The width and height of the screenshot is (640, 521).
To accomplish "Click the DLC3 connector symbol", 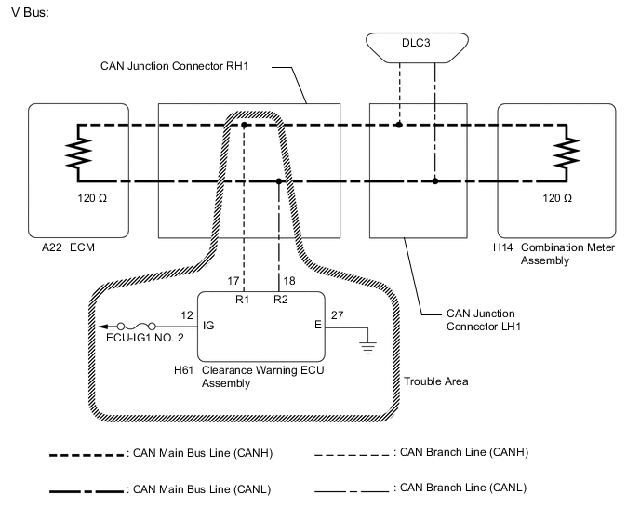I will coord(416,44).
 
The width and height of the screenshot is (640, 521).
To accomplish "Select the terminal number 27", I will coord(338,316).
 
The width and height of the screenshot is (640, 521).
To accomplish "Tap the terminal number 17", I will coord(233,279).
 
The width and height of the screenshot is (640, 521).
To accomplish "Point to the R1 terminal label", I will coord(242,300).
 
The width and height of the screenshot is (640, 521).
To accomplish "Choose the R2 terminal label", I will coord(279,300).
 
